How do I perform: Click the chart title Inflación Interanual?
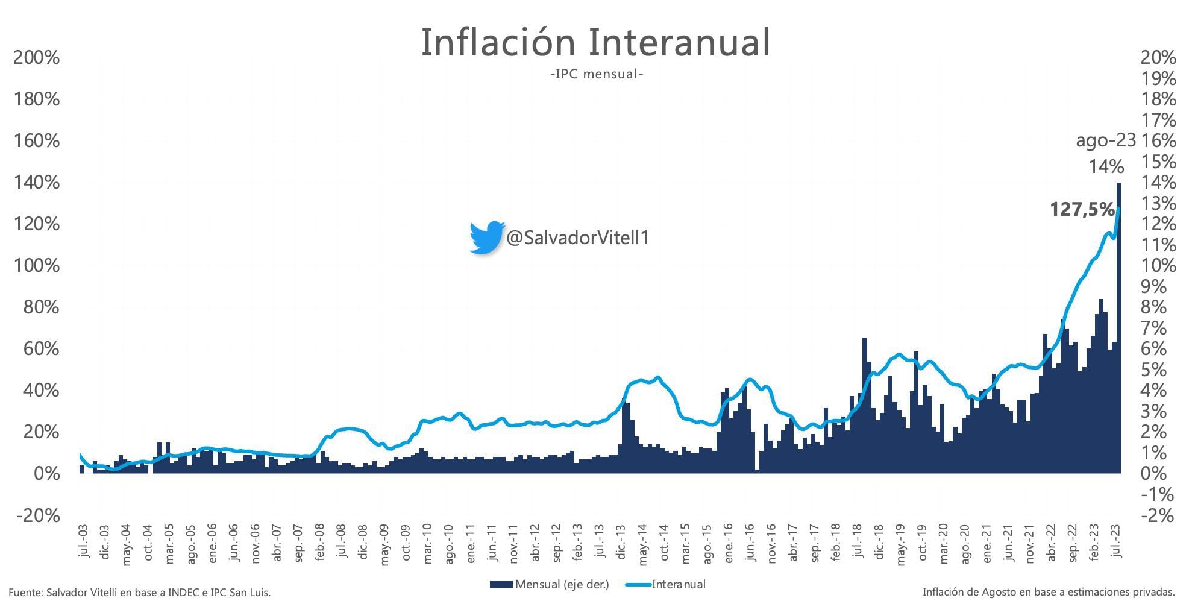[595, 42]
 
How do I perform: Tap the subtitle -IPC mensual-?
[597, 74]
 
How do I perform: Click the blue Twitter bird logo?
[486, 238]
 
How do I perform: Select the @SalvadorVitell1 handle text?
[577, 238]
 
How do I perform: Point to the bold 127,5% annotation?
[1082, 209]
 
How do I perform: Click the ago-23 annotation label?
[1105, 141]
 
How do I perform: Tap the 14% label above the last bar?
[1106, 166]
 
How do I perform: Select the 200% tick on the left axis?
[37, 58]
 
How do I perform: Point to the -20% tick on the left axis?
[37, 516]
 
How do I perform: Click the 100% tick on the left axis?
[37, 266]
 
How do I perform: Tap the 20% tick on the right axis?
[1158, 58]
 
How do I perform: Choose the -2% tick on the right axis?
[1158, 516]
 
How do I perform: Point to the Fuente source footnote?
[139, 593]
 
